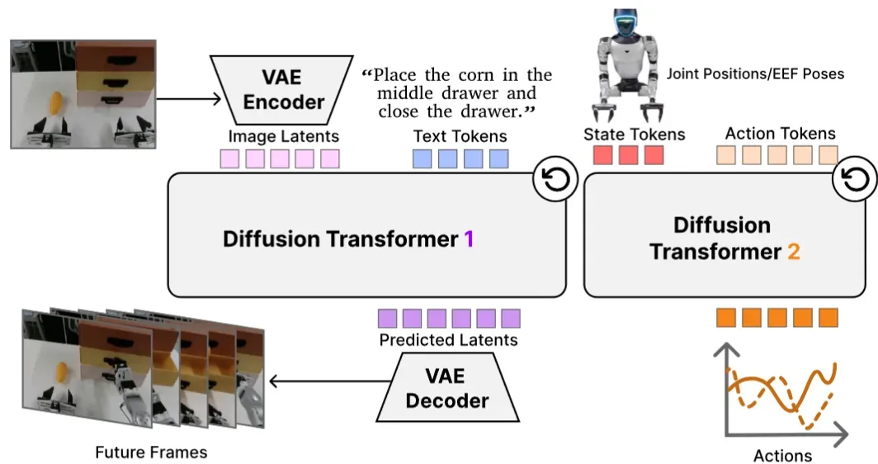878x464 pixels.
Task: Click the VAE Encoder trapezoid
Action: point(281,90)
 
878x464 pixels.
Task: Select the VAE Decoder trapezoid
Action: point(447,387)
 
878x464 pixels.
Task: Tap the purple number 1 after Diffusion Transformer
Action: point(469,239)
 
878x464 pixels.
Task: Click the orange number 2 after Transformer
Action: point(794,252)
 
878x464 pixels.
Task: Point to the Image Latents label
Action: point(283,136)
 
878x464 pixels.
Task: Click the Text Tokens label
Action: point(460,136)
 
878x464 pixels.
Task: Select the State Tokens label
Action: point(635,135)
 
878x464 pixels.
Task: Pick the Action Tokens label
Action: point(781,134)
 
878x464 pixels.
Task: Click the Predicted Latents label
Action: point(449,340)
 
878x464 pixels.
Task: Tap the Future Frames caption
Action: point(151,452)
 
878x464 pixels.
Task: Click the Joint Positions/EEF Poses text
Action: point(755,73)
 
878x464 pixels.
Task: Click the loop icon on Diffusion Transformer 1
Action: point(555,180)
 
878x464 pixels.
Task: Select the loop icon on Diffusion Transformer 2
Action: point(855,180)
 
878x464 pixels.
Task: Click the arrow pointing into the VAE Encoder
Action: point(189,100)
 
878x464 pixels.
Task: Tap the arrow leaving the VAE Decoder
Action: point(330,381)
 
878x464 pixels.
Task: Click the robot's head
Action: point(625,21)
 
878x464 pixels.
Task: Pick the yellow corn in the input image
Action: point(56,105)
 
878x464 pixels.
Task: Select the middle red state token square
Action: point(628,155)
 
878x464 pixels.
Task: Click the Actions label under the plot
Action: point(782,456)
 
